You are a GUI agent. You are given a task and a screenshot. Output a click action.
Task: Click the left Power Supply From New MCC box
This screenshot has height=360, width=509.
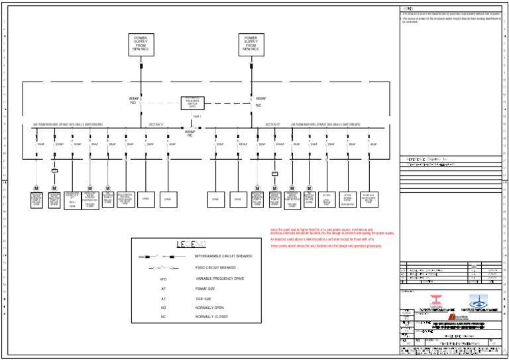141,44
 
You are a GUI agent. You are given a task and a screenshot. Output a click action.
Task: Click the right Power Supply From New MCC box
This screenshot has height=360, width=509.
251,44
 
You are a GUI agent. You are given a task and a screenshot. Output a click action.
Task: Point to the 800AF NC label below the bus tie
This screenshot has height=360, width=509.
190,133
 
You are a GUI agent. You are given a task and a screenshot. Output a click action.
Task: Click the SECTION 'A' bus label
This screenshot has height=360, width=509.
156,124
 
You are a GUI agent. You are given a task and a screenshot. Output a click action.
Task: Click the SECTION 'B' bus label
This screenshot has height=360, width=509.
273,124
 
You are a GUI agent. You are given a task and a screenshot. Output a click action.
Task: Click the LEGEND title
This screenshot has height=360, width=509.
186,245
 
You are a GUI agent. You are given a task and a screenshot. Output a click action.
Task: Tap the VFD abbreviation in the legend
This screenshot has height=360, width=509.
164,279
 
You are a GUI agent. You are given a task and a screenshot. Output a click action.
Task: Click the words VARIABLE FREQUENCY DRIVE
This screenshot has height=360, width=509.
219,278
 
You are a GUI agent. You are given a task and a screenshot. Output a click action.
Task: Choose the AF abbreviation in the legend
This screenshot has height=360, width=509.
164,289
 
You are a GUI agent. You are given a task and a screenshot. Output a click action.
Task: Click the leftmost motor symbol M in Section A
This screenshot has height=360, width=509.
36,189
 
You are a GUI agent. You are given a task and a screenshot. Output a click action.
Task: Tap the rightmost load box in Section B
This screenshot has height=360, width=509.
368,199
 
